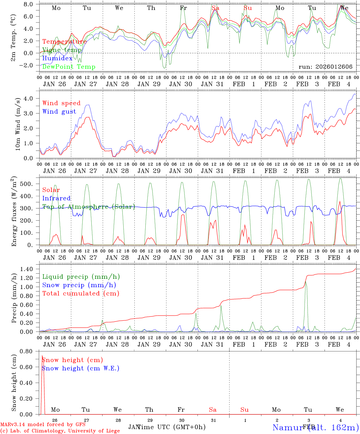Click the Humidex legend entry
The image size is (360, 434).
(x=57, y=58)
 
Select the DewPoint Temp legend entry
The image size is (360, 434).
(x=69, y=67)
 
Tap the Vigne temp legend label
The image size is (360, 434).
(x=62, y=50)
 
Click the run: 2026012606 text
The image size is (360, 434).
(x=325, y=67)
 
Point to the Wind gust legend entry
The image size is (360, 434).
(x=59, y=112)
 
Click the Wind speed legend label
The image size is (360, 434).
(x=62, y=103)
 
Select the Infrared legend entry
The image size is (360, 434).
(x=56, y=198)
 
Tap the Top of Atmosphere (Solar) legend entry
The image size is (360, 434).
(x=88, y=207)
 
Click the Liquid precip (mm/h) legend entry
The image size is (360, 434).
(x=81, y=277)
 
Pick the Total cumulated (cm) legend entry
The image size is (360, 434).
(x=81, y=294)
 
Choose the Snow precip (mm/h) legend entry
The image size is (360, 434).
(x=79, y=285)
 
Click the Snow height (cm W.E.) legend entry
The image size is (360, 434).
(x=81, y=368)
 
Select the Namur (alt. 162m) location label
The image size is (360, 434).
(x=315, y=427)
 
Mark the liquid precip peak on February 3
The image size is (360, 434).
(x=305, y=283)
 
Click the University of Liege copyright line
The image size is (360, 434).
(x=60, y=431)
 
